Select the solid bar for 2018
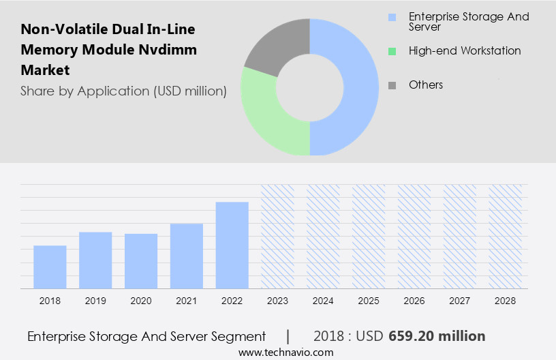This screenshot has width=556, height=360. click(50, 267)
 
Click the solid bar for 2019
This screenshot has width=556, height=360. click(95, 260)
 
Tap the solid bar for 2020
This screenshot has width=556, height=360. click(141, 261)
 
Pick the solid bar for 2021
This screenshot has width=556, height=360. click(187, 256)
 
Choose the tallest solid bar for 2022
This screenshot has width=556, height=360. click(232, 245)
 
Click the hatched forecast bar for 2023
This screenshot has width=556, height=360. click(277, 236)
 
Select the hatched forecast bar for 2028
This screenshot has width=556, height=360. click(505, 236)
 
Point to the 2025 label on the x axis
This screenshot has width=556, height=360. click(369, 301)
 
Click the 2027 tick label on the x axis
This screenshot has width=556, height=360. click(460, 301)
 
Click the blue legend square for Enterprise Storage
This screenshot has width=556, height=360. click(391, 17)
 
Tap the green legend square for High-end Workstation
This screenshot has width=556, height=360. click(391, 51)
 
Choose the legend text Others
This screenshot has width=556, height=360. click(426, 85)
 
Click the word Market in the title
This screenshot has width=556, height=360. click(45, 70)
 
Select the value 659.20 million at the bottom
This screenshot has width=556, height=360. click(437, 336)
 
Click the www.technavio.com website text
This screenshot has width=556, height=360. click(285, 352)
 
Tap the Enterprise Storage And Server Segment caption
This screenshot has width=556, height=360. click(146, 336)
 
